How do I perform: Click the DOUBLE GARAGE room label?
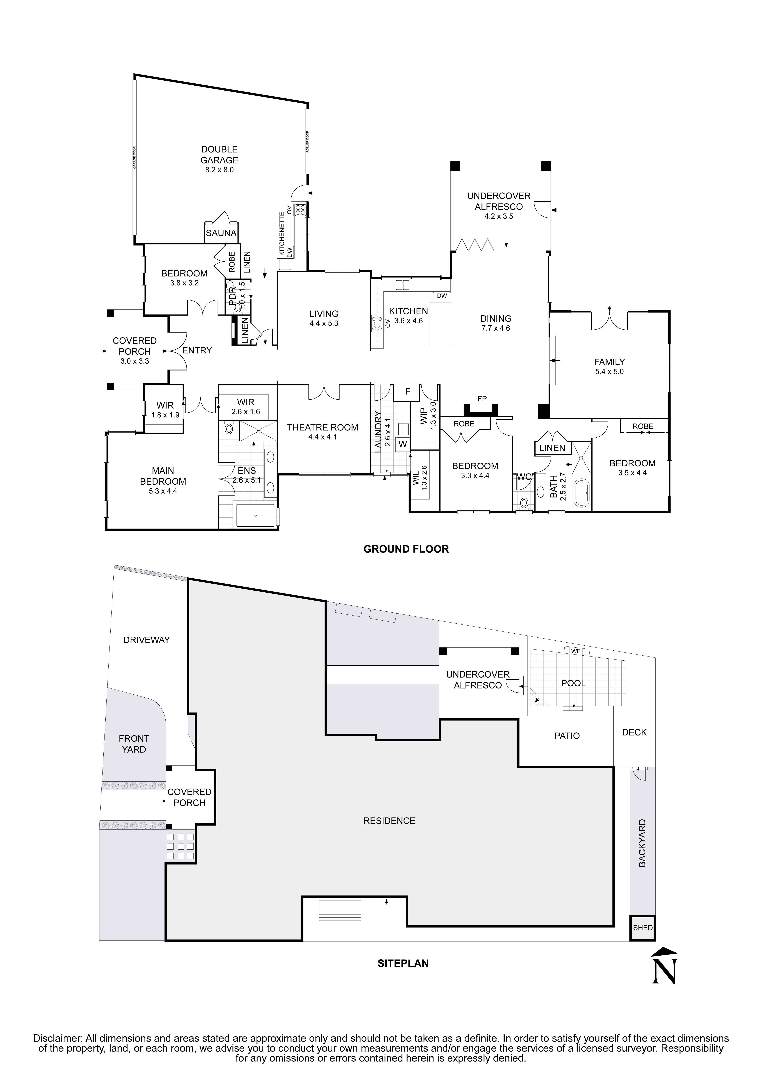tap(219, 155)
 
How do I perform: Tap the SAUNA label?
tap(221, 233)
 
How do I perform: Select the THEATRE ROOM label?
tap(323, 427)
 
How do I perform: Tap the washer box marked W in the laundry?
tap(403, 444)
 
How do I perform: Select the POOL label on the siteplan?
tap(573, 683)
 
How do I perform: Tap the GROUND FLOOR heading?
tap(406, 549)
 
